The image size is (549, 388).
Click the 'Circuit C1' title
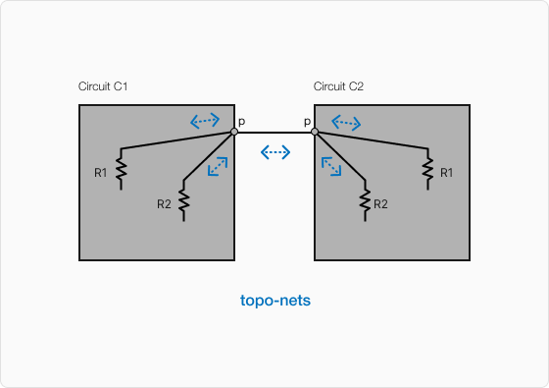pos(103,87)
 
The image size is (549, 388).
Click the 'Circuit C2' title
pos(338,87)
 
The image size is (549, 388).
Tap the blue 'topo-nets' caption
pos(275,301)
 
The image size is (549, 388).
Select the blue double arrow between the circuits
pos(275,152)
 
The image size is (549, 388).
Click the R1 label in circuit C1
pos(101,173)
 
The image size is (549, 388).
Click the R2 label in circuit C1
pos(164,204)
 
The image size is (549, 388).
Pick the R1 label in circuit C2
pos(446,173)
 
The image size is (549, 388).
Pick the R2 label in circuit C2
pos(381,204)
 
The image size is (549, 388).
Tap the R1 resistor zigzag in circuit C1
pos(121,170)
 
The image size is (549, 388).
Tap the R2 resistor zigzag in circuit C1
pos(183,201)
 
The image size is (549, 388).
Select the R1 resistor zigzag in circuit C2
pos(428,170)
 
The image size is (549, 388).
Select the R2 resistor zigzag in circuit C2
pos(365,201)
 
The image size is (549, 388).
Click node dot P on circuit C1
pos(233,132)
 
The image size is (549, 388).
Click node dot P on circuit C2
pos(315,132)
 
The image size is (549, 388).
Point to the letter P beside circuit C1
pos(241,123)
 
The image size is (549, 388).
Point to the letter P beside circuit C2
pos(307,123)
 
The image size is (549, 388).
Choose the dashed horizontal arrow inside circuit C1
pos(205,121)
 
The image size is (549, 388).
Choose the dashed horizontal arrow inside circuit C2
pos(346,123)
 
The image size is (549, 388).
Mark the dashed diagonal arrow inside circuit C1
pos(218,167)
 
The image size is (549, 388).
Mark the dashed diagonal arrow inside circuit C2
pos(331,167)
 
